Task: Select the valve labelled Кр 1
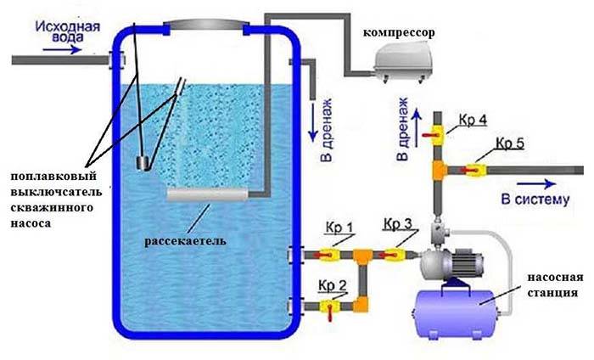[328, 252]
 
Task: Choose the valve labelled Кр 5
[476, 169]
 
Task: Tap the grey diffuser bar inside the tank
[208, 195]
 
